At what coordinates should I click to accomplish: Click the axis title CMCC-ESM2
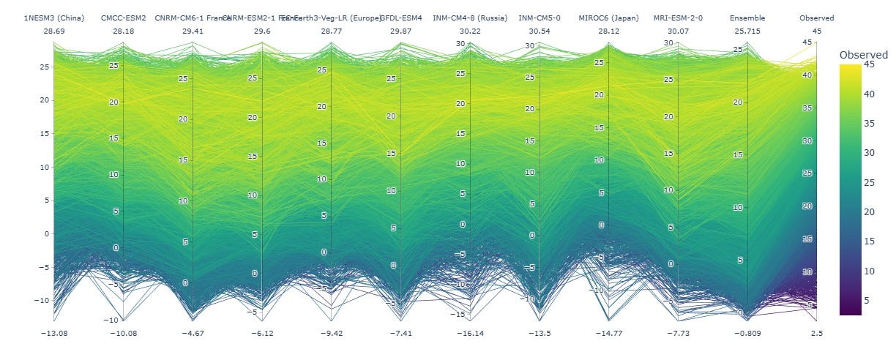click(123, 18)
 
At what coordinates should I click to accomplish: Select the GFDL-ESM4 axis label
click(401, 18)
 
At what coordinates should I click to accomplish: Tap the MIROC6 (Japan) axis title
click(609, 18)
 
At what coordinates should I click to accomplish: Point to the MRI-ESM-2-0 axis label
click(678, 18)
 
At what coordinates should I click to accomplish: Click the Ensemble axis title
click(747, 18)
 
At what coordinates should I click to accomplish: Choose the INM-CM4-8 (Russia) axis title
click(470, 18)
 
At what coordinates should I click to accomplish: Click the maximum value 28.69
click(54, 31)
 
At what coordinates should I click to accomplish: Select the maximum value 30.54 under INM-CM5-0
click(540, 31)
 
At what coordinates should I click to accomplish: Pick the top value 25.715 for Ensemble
click(747, 31)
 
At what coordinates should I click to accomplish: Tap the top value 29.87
click(401, 31)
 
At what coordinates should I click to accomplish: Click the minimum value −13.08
click(54, 333)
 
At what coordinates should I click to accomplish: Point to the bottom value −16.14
click(470, 333)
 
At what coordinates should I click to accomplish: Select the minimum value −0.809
click(747, 333)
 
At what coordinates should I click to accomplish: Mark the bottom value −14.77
click(609, 333)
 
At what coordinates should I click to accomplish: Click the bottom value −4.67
click(193, 333)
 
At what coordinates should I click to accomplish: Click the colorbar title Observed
click(863, 55)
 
